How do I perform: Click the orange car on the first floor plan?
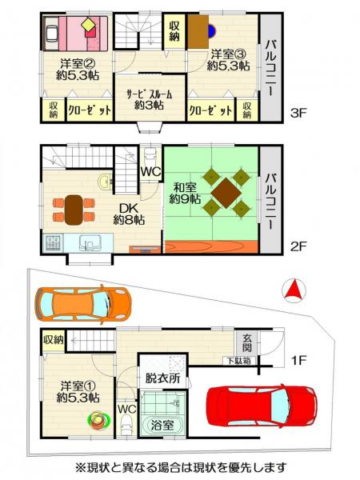83,304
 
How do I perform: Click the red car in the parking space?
262,406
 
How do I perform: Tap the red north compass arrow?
294,290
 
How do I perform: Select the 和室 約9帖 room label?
186,193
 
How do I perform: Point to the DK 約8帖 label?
129,214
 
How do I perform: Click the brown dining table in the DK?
74,210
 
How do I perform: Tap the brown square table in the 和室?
226,193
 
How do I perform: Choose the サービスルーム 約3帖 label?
150,100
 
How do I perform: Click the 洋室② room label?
77,63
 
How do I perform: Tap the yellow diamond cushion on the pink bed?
89,24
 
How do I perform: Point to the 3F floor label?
298,114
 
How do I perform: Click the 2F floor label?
298,246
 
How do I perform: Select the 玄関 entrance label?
247,343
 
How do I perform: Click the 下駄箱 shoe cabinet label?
238,361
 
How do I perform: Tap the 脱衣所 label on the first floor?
162,378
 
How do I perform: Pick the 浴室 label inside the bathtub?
162,425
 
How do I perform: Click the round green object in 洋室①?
98,420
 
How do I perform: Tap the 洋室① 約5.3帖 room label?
78,391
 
